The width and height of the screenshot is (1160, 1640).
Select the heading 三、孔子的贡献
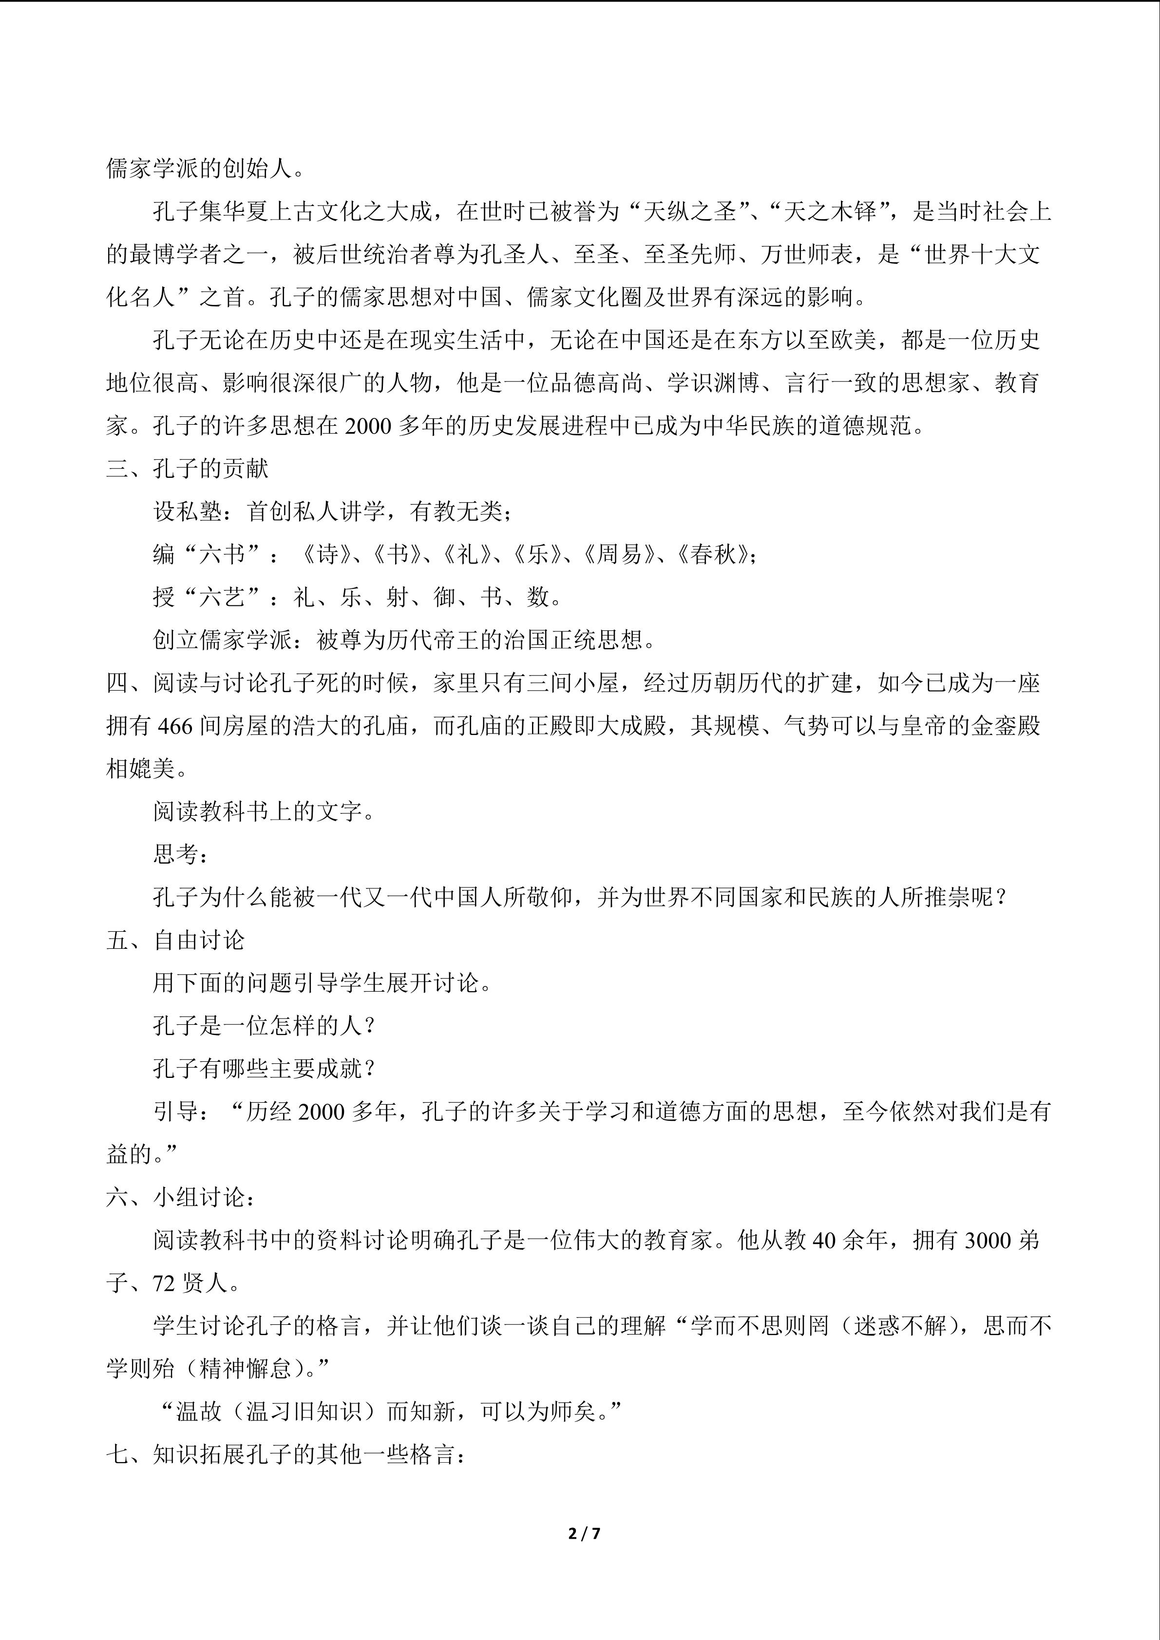coord(187,469)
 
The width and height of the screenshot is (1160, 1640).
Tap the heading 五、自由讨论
coord(175,940)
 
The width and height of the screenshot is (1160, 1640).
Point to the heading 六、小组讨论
coord(179,1197)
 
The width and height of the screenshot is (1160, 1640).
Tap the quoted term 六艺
coord(222,597)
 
